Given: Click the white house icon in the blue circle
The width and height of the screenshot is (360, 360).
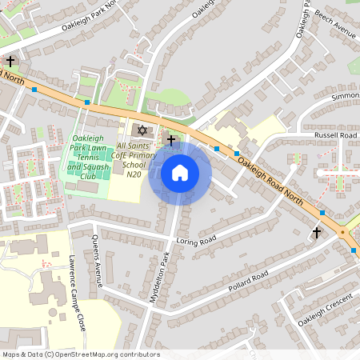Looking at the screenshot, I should [x=180, y=172].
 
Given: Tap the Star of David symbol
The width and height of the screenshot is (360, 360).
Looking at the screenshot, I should [x=143, y=130].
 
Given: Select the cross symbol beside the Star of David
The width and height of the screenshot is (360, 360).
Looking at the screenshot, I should [x=171, y=139].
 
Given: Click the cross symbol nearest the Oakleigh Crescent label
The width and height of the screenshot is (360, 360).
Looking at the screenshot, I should [x=317, y=233].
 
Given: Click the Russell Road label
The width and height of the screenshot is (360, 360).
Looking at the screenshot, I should [x=336, y=135].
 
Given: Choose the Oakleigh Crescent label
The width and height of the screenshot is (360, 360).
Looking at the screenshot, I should [x=325, y=310].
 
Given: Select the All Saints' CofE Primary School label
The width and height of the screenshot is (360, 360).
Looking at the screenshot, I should [x=139, y=156].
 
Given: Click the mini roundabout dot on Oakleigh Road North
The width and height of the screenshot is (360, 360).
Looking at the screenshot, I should [x=343, y=231].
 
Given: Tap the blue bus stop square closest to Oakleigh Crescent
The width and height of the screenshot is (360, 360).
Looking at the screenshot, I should [x=354, y=250].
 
